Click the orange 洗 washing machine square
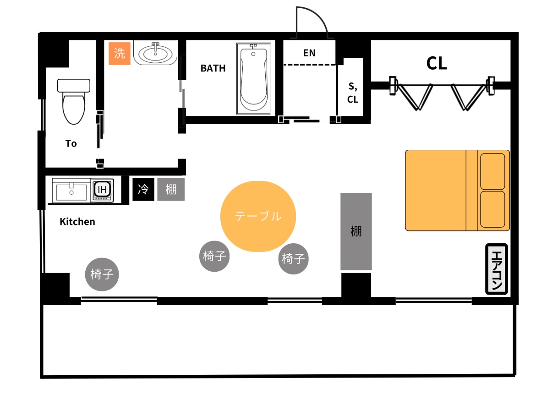(120, 53)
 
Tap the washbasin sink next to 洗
(156, 53)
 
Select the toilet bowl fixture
(74, 102)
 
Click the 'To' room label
(71, 143)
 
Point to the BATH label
(213, 68)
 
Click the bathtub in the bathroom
(254, 79)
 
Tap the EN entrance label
(309, 53)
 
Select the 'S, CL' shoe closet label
(353, 93)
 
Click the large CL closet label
(437, 63)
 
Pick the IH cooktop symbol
(103, 190)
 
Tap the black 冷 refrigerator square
(143, 189)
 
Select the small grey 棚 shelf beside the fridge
(171, 189)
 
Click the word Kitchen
(77, 222)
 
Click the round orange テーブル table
(258, 216)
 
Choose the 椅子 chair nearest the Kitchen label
(102, 274)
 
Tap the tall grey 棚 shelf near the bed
(356, 231)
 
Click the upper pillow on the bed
(492, 171)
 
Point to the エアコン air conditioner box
(497, 269)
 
